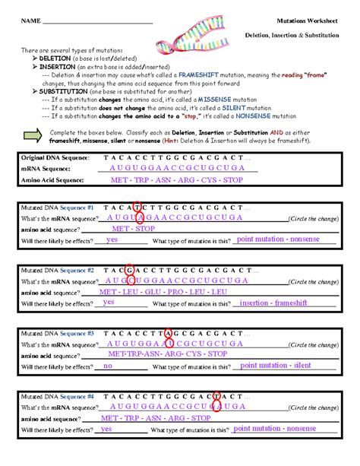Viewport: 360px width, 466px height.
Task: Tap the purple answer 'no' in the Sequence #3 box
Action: [108, 366]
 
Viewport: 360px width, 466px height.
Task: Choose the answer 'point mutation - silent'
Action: [275, 366]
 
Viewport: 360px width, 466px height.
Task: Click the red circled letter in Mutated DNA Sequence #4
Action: [216, 396]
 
